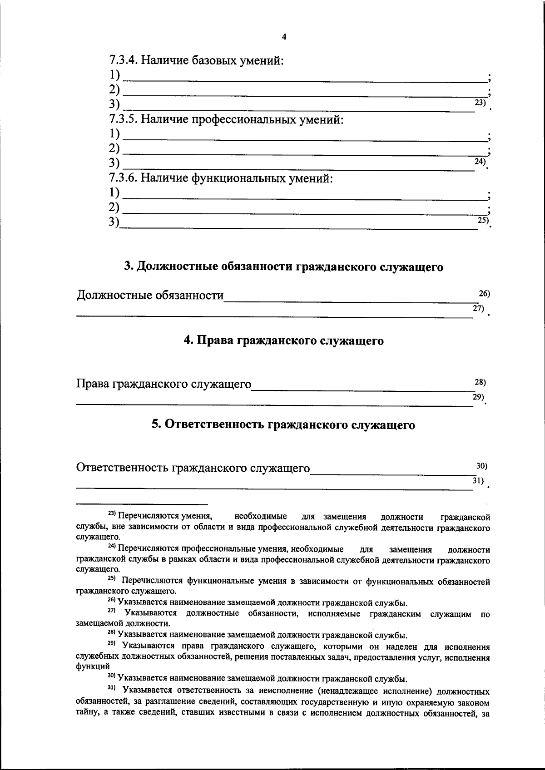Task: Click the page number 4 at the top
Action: (x=284, y=37)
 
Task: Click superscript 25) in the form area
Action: (x=483, y=220)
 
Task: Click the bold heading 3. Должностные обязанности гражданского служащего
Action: (x=284, y=267)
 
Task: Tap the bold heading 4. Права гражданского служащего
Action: (x=284, y=341)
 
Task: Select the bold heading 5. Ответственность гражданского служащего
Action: (x=284, y=424)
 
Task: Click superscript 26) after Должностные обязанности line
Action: (x=485, y=294)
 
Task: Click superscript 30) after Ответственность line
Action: (x=481, y=466)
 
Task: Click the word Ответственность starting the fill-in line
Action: (x=122, y=468)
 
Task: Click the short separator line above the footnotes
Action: (x=142, y=504)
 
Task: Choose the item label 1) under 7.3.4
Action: (x=115, y=74)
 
